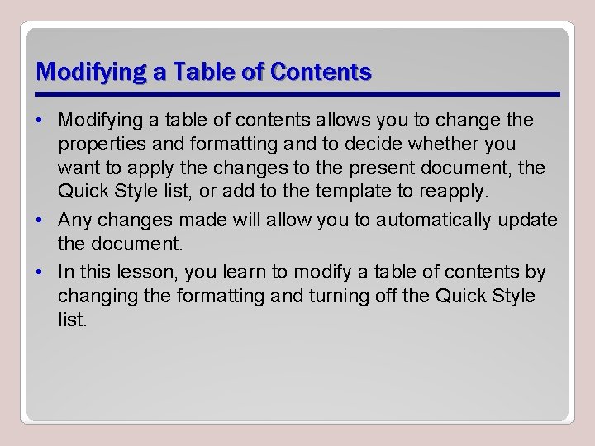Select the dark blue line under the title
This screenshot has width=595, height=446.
(x=297, y=94)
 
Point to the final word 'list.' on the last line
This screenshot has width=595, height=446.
(x=72, y=320)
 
